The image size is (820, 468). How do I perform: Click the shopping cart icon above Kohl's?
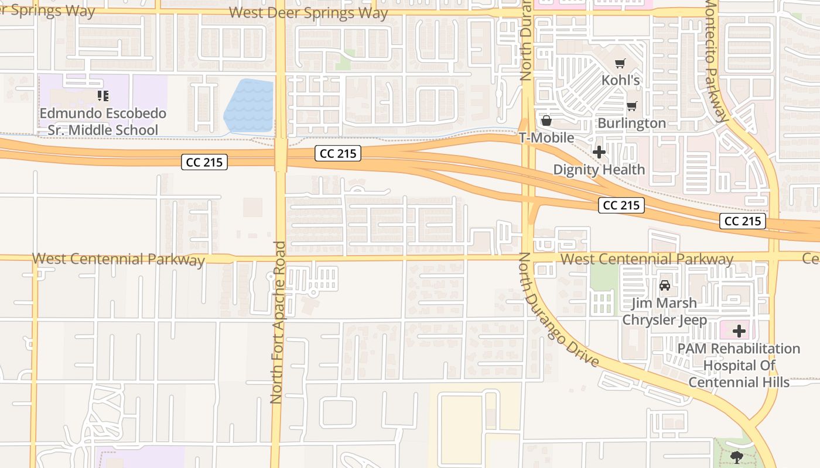[620, 64]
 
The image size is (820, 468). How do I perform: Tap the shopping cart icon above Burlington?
[631, 106]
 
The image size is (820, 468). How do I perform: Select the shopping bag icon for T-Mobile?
[546, 121]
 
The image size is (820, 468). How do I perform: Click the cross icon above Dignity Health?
[599, 153]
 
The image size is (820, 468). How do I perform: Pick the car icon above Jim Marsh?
[664, 286]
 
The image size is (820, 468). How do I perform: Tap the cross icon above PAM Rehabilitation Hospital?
[739, 331]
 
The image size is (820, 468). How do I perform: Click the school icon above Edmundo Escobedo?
[103, 95]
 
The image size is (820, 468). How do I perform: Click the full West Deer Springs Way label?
[308, 13]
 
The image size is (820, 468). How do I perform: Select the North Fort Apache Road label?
[277, 322]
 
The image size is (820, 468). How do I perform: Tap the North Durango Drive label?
[558, 310]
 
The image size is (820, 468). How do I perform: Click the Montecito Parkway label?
[719, 59]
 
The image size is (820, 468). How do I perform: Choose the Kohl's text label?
[621, 80]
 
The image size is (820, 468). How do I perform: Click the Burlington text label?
[631, 123]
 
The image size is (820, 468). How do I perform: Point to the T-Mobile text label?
[546, 138]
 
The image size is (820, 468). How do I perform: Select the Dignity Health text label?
[599, 170]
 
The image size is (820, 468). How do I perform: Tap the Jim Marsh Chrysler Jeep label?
[664, 311]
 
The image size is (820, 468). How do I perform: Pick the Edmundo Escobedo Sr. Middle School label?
[103, 121]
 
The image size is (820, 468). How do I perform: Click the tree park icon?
[736, 457]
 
